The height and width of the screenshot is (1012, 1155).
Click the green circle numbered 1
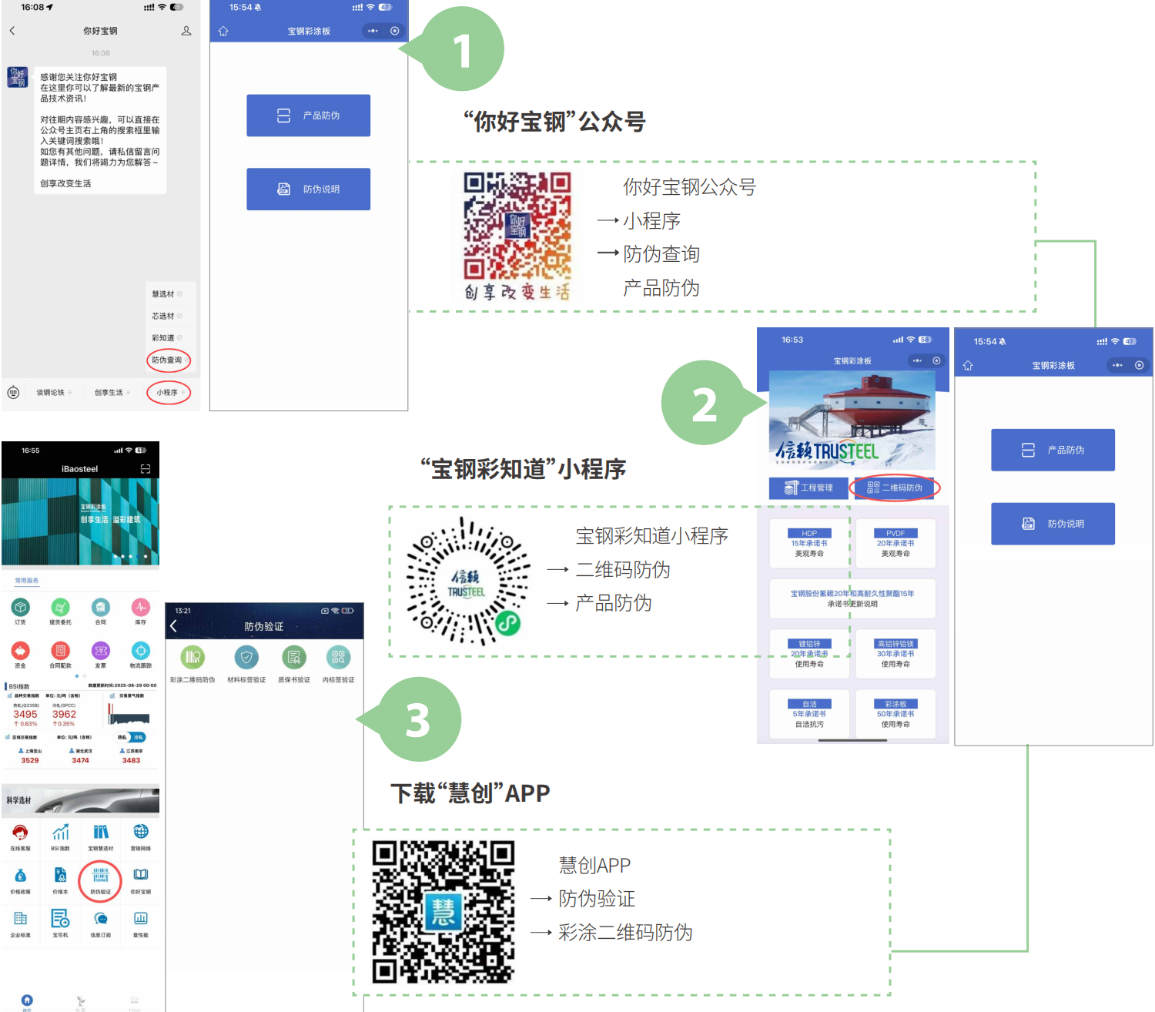coord(463,51)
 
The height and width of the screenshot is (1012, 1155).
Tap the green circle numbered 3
coord(418,720)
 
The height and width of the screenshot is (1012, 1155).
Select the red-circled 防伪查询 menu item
coord(167,360)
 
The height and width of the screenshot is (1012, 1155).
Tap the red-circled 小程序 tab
coord(168,393)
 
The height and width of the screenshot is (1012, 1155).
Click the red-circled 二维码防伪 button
coord(895,488)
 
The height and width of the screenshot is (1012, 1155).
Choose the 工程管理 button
coord(808,488)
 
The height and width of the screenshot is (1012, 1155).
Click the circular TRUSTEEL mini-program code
coord(467,581)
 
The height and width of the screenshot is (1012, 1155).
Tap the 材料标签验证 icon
coord(246,663)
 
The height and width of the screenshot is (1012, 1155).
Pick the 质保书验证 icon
coord(293,663)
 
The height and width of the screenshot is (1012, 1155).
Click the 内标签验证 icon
coord(338,663)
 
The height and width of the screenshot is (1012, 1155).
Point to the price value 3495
coord(25,714)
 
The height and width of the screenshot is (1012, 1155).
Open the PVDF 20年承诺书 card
coord(895,543)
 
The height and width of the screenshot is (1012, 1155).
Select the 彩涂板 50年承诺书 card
coord(895,714)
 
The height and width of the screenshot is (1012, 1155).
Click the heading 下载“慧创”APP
coord(470,793)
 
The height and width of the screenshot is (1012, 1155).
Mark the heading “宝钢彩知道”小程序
coord(523,469)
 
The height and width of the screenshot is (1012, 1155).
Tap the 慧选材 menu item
coord(164,294)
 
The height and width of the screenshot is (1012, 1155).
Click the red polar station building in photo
coord(876,401)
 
